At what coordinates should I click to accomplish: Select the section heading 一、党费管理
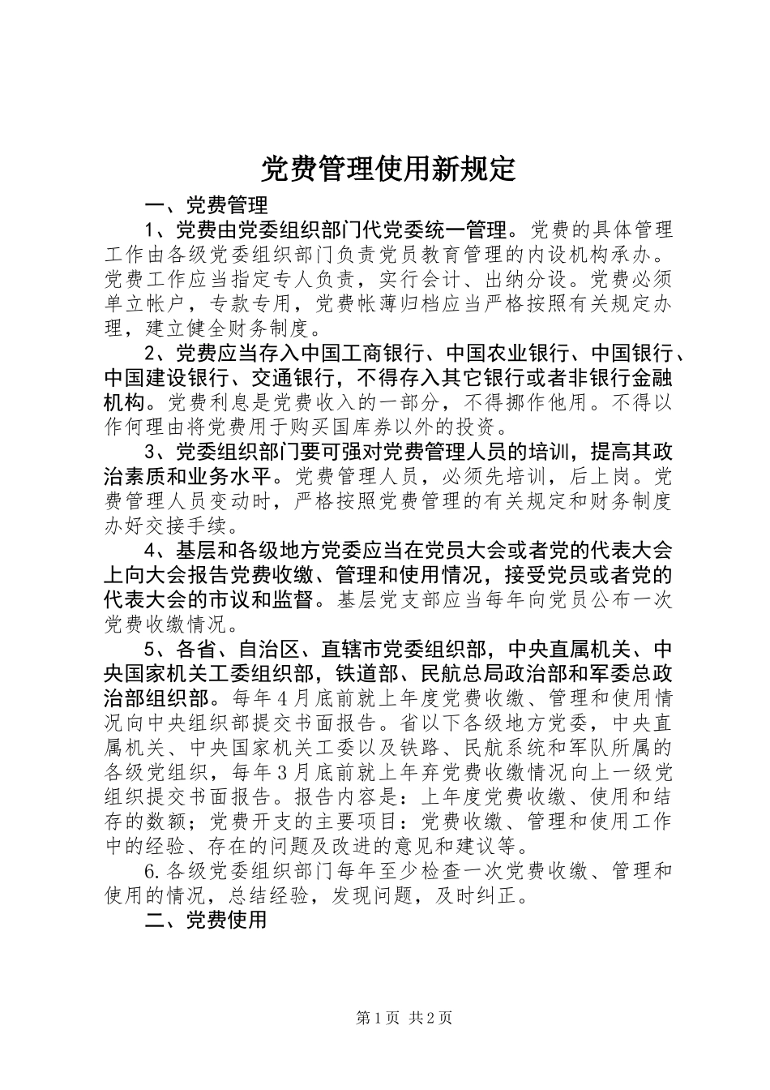tap(205, 204)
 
